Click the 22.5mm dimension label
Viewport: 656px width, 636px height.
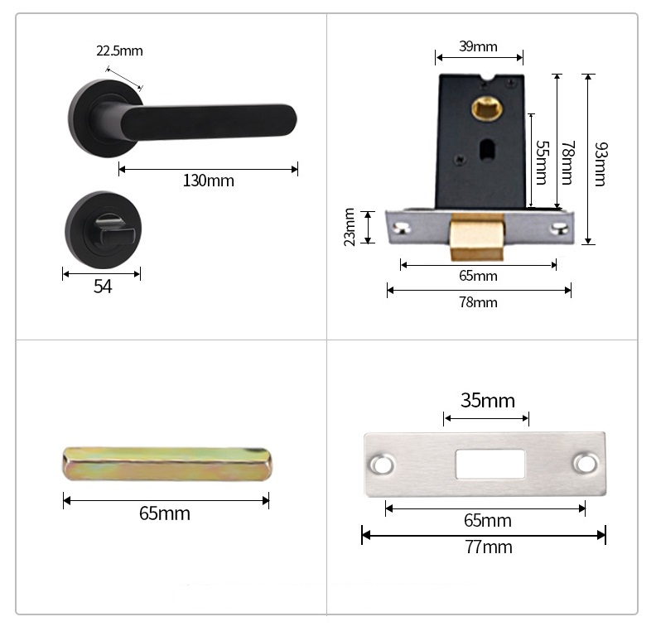pyautogui.click(x=119, y=51)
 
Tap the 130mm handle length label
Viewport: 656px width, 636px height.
pyautogui.click(x=209, y=181)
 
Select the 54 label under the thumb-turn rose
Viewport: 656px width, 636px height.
pyautogui.click(x=103, y=287)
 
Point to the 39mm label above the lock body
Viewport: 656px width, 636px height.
pyautogui.click(x=478, y=46)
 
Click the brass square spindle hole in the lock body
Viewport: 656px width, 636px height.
pyautogui.click(x=487, y=108)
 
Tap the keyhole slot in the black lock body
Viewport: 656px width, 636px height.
pyautogui.click(x=486, y=150)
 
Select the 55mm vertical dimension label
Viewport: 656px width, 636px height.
pyautogui.click(x=542, y=162)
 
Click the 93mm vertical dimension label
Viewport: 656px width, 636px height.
pyautogui.click(x=601, y=164)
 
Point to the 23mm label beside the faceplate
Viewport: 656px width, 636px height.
pyautogui.click(x=350, y=227)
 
